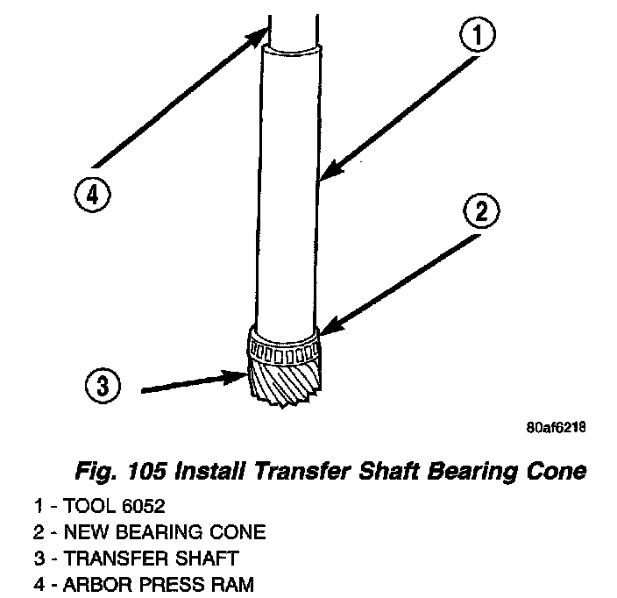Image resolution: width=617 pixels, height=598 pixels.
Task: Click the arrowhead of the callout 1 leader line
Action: [324, 177]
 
